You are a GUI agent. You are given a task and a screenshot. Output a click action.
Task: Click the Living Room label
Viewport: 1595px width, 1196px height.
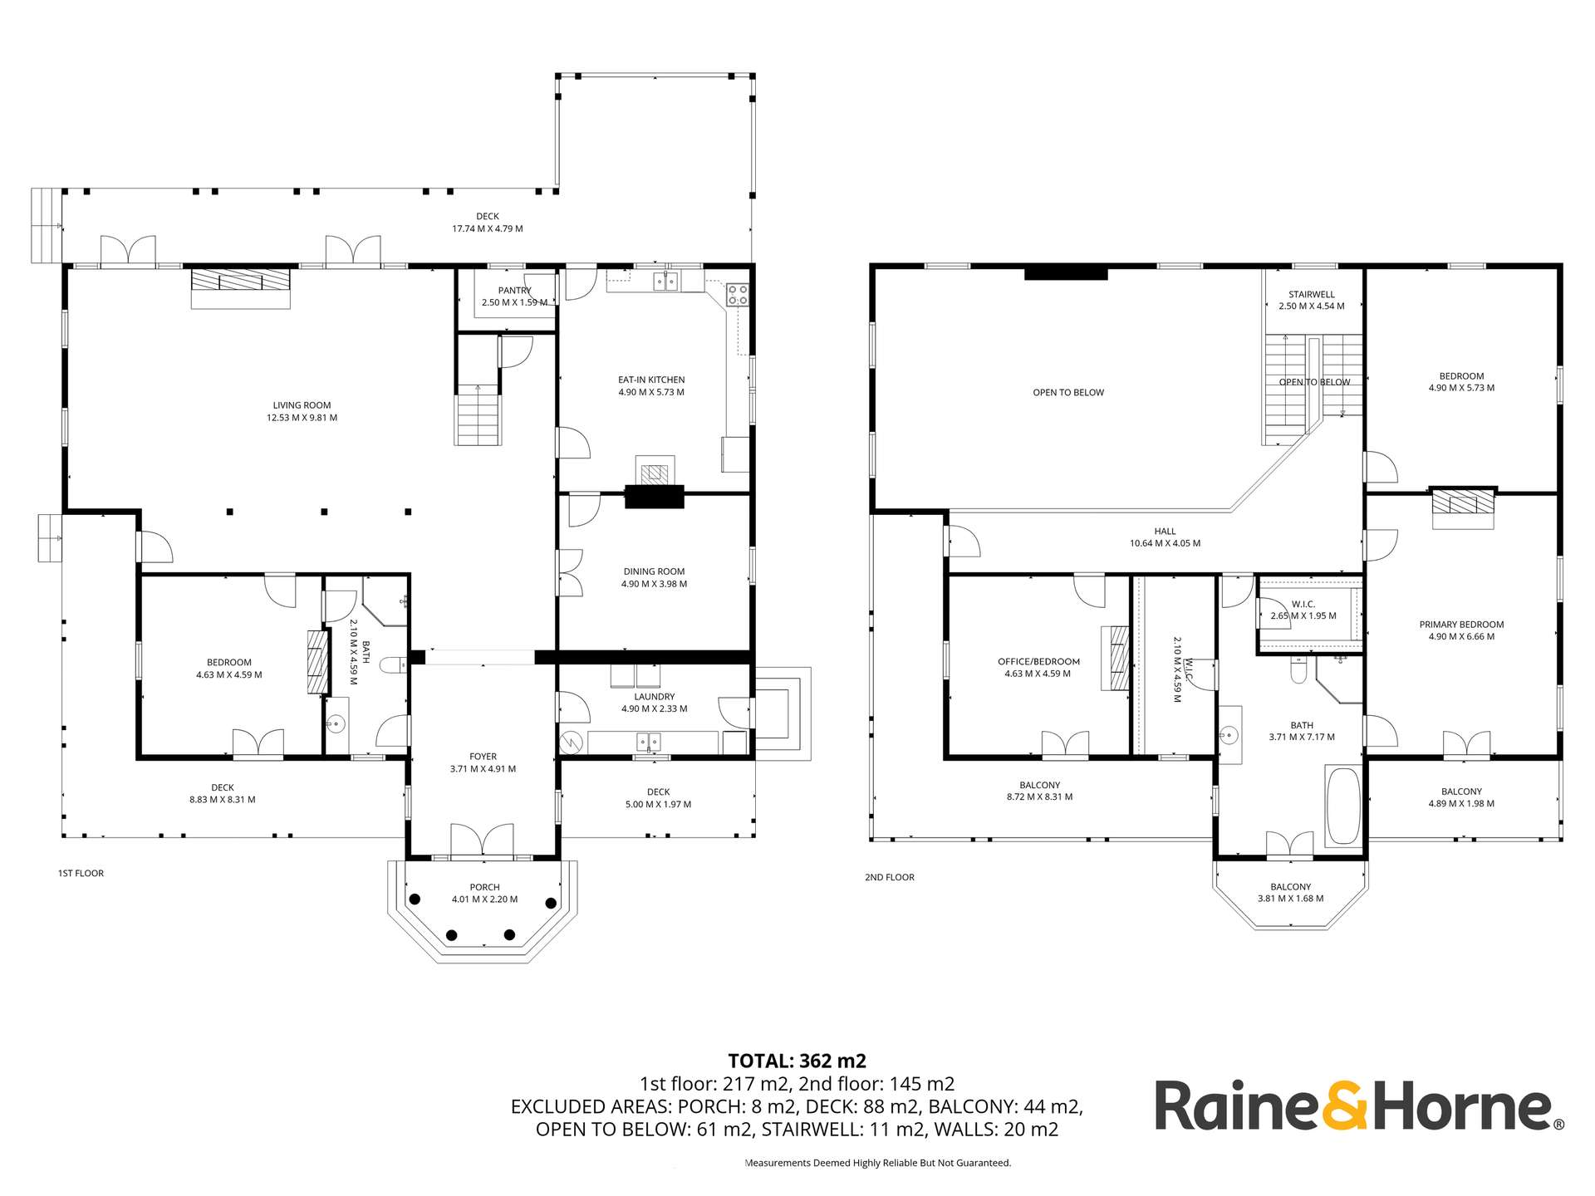click(302, 406)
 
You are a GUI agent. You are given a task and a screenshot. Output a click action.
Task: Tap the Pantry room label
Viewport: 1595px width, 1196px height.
click(514, 291)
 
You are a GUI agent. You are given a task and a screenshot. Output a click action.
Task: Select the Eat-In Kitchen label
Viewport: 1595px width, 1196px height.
click(651, 380)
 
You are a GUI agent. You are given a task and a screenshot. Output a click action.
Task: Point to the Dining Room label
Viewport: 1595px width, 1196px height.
click(654, 571)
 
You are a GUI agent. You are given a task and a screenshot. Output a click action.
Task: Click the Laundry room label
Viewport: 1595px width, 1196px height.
click(655, 697)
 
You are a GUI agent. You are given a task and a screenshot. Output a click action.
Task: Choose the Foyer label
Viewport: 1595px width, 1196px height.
click(483, 757)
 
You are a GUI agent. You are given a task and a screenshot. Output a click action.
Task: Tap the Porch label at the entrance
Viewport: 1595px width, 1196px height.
click(484, 887)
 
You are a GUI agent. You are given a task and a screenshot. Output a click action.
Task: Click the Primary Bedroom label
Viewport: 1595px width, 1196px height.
click(1461, 625)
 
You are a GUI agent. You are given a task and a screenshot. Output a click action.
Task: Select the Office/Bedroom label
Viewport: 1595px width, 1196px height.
click(1038, 662)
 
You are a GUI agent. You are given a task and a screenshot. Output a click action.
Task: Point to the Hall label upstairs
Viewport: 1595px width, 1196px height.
click(1165, 532)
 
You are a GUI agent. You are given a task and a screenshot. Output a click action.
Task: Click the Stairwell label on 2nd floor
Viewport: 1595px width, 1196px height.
click(1312, 294)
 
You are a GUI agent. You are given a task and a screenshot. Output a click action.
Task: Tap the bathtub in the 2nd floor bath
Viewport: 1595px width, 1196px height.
click(1342, 806)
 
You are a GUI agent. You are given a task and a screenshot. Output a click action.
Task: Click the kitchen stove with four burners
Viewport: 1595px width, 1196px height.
click(737, 295)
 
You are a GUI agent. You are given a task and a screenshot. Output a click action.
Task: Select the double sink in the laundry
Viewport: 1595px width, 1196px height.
click(649, 741)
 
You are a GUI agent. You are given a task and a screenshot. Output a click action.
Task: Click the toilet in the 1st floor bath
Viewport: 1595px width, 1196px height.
click(393, 664)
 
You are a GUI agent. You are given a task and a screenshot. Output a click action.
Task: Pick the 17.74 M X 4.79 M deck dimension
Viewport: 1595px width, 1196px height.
click(487, 228)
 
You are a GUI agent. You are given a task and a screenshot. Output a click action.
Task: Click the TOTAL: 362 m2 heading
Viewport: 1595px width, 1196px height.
click(797, 1061)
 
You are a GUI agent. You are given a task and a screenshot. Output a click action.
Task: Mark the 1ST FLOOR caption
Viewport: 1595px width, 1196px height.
click(81, 873)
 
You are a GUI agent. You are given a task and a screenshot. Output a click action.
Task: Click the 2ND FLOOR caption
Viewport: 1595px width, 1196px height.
click(889, 877)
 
